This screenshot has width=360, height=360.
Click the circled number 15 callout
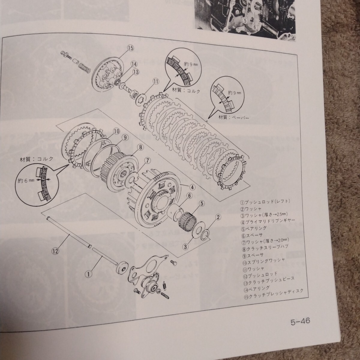click(x=130, y=48)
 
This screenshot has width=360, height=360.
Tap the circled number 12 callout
click(x=56, y=251)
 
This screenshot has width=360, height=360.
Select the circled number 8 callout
click(x=140, y=147)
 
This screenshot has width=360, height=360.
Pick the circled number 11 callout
click(x=156, y=81)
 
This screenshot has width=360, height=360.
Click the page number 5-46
click(x=300, y=321)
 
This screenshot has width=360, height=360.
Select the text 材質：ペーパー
click(x=233, y=117)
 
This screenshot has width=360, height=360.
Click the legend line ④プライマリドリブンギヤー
click(x=268, y=221)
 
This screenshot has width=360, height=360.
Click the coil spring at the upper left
click(x=84, y=67)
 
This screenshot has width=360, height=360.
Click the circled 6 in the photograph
click(x=254, y=27)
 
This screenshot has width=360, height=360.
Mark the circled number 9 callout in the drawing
click(x=125, y=137)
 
